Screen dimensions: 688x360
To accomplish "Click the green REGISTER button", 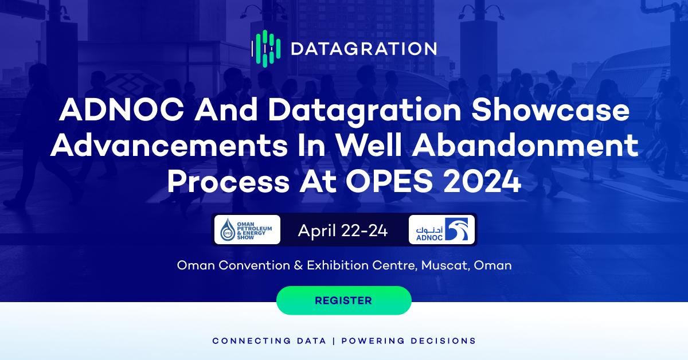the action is coord(343,300).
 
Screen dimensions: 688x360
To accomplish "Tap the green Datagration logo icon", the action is coord(266,49).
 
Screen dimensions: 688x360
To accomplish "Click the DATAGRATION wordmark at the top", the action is coord(363,49).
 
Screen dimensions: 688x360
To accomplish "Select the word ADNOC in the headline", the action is coord(122,109).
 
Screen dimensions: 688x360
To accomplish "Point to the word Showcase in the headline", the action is coord(550,109).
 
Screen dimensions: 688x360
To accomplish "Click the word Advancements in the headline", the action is coord(169,146).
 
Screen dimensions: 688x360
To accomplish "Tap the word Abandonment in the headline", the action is coord(525,146).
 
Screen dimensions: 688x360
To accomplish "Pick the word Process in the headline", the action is coord(228,182).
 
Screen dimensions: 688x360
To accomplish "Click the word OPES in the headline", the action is coord(389,182).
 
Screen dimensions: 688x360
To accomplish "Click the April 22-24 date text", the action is coord(342,230).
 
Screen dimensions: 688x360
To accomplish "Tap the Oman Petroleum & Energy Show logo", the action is coord(247,230).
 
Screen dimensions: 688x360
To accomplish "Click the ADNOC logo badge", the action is coord(441,230).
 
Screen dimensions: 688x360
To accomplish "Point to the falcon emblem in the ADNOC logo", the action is coord(457,229).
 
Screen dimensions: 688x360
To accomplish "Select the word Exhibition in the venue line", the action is coord(338,265).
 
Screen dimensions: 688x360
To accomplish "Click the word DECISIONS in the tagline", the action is coord(443,341).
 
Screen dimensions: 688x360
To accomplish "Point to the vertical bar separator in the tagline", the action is coord(334,341).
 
